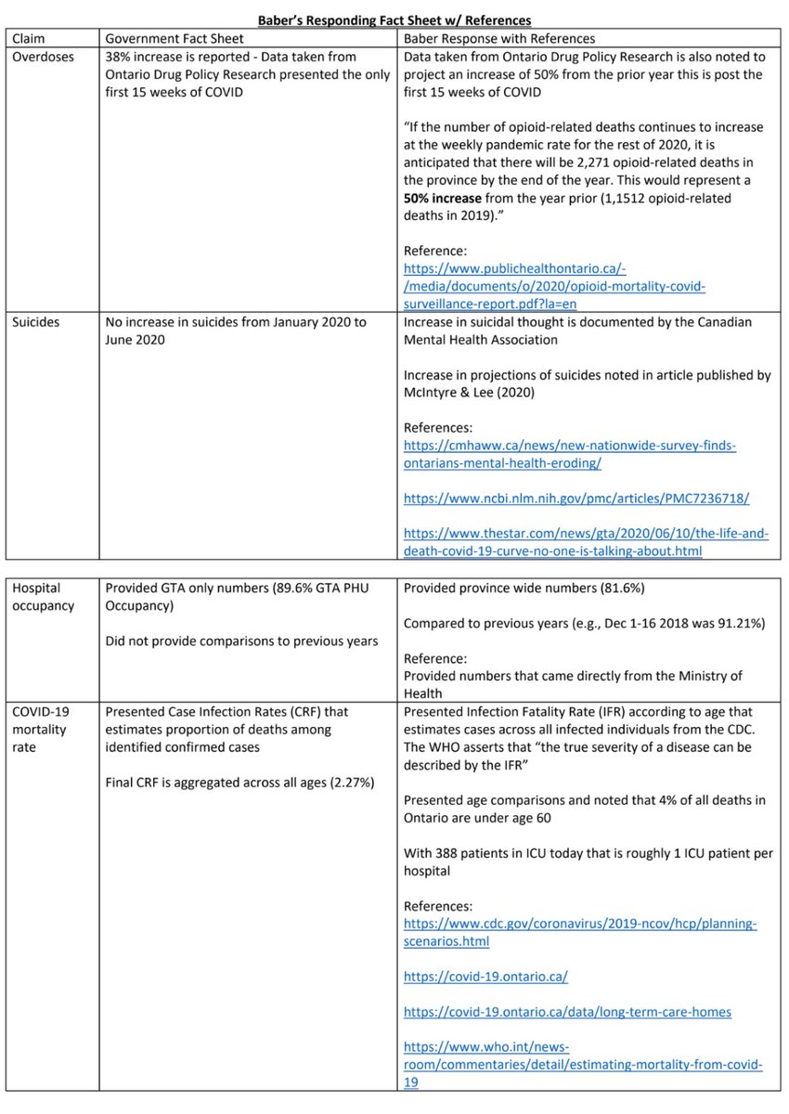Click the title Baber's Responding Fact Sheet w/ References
coord(394,20)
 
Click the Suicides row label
coord(35,322)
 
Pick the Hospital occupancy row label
coord(43,597)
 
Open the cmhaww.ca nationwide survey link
coord(569,455)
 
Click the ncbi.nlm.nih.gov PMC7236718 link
coord(576,499)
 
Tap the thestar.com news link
coord(586,542)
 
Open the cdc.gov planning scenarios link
coord(580,932)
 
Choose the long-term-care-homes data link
coord(567,1011)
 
